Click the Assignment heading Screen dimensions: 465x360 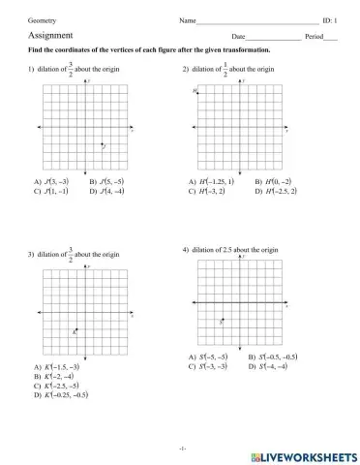point(48,35)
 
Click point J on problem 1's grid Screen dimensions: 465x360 point(103,145)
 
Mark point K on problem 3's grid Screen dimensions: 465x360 point(75,331)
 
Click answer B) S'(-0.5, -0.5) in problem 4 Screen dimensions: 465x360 point(273,357)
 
